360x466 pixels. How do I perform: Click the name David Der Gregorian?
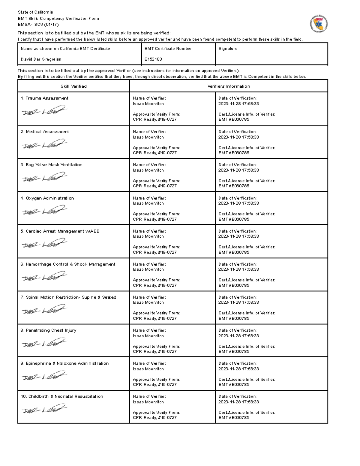pyautogui.click(x=41, y=59)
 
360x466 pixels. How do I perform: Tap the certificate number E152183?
pyautogui.click(x=153, y=59)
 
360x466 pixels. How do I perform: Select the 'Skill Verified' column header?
pyautogui.click(x=73, y=86)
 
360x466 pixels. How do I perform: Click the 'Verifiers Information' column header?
pyautogui.click(x=229, y=86)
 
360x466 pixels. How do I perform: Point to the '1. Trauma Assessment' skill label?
pyautogui.click(x=44, y=98)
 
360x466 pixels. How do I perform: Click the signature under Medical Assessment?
pyautogui.click(x=44, y=144)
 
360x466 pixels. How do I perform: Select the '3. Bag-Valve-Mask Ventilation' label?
pyautogui.click(x=51, y=165)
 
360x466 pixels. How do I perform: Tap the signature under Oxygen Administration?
pyautogui.click(x=44, y=211)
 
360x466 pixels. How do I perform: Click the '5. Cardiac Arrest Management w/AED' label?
pyautogui.click(x=60, y=231)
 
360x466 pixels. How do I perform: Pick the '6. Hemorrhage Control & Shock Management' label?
pyautogui.click(x=68, y=264)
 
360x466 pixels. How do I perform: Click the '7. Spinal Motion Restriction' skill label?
pyautogui.click(x=68, y=297)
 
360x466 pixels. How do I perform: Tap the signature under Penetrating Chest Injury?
pyautogui.click(x=44, y=343)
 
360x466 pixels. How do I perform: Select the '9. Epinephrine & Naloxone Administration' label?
pyautogui.click(x=64, y=363)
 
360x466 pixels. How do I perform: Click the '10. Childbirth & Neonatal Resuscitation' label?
pyautogui.click(x=62, y=396)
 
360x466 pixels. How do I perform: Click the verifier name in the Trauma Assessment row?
pyautogui.click(x=148, y=104)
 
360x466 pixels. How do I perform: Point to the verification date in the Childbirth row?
pyautogui.click(x=238, y=402)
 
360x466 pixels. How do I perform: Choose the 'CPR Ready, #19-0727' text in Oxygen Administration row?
pyautogui.click(x=155, y=219)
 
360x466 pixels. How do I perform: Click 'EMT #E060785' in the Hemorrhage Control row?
pyautogui.click(x=234, y=285)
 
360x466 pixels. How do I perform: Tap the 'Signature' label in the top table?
pyautogui.click(x=228, y=49)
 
